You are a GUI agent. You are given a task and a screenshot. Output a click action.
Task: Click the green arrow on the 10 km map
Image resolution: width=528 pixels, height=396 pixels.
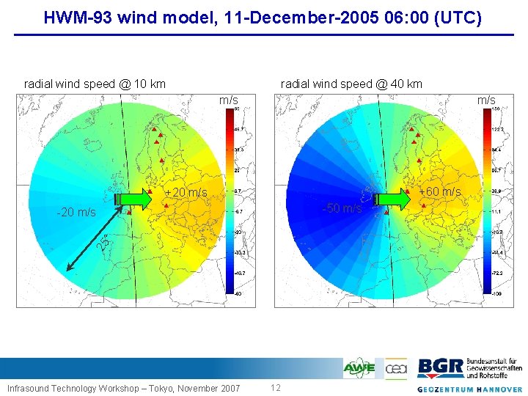pos(133,198)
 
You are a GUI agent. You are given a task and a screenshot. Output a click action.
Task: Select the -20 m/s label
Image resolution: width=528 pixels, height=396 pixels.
pos(76,213)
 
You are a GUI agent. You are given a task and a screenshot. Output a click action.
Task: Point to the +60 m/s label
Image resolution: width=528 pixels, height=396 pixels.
pos(439,192)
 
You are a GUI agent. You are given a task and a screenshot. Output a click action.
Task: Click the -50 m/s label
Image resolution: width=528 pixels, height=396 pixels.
pos(342,208)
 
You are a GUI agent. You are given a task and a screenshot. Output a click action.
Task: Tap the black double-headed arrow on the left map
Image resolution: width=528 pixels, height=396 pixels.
pos(92,244)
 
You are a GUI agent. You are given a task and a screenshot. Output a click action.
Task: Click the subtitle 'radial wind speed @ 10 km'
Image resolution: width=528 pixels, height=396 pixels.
pos(95,84)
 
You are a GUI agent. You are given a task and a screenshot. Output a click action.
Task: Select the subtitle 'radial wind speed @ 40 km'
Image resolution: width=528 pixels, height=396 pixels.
pos(351,84)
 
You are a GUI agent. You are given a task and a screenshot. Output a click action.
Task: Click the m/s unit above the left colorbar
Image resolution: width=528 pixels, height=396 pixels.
pos(229,100)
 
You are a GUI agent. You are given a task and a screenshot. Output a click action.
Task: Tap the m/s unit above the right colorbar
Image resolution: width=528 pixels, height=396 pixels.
pos(486,100)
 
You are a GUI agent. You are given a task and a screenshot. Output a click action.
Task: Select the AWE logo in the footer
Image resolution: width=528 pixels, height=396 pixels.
pos(359,367)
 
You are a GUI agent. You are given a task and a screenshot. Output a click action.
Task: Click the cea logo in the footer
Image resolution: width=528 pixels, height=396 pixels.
pos(396,367)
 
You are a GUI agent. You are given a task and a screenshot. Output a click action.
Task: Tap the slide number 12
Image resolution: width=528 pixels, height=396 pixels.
pos(276,387)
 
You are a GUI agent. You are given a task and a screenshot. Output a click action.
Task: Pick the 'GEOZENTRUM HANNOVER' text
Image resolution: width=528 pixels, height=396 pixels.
pos(470,389)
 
